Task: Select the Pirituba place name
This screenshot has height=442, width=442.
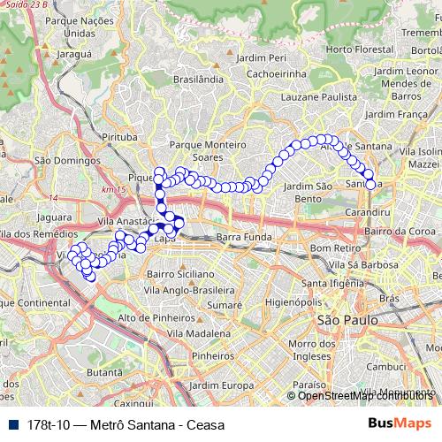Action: [119, 138]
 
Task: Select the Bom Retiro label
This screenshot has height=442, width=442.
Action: [331, 249]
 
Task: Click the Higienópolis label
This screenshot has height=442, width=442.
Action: [283, 301]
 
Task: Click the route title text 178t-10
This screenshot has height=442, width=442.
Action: [50, 424]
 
